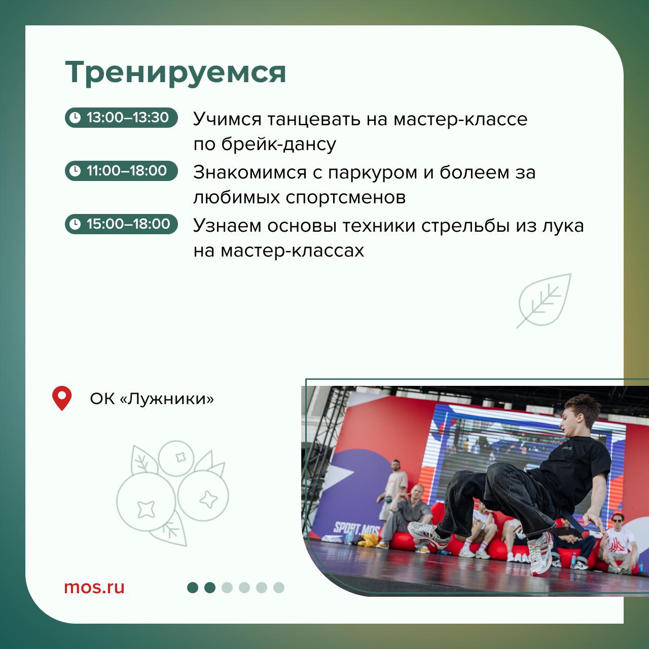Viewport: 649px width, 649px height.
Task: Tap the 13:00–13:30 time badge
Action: pyautogui.click(x=121, y=118)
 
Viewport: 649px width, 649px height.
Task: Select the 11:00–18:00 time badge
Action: pyautogui.click(x=121, y=171)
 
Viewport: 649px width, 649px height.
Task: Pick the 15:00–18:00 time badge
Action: pyautogui.click(x=121, y=224)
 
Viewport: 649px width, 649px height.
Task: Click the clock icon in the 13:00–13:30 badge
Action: pyautogui.click(x=75, y=118)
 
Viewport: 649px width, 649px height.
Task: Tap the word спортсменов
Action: pyautogui.click(x=346, y=198)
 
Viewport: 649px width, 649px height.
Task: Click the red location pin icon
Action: pyautogui.click(x=62, y=398)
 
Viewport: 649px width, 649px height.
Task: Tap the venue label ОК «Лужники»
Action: pyautogui.click(x=152, y=399)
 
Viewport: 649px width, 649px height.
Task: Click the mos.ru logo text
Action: pyautogui.click(x=94, y=587)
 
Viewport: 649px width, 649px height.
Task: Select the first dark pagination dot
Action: pyautogui.click(x=193, y=588)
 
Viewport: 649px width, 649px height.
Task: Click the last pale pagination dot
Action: pyautogui.click(x=279, y=588)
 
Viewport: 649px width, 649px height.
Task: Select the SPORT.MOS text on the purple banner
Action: pyautogui.click(x=356, y=528)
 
